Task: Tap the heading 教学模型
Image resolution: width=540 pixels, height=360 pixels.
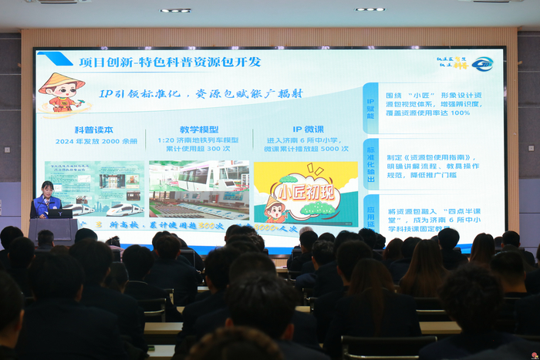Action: click(x=199, y=130)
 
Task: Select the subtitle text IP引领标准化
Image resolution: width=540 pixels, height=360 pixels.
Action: click(x=144, y=93)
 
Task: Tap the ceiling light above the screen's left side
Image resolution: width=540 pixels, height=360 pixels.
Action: click(x=175, y=10)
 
